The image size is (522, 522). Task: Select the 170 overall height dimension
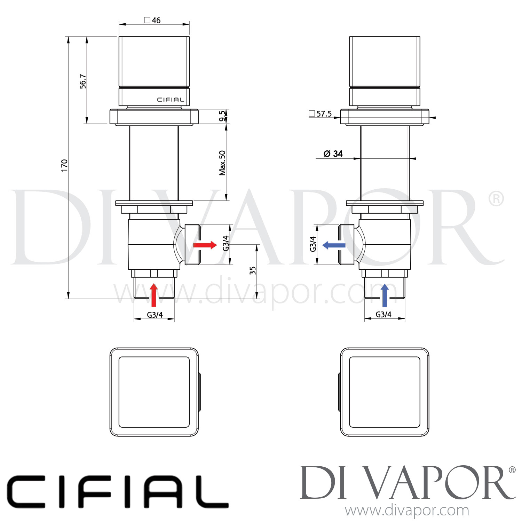tap(64, 165)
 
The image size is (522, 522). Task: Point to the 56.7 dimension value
tap(83, 81)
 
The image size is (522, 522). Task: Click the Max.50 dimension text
tap(222, 163)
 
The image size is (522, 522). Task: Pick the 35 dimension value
tap(253, 270)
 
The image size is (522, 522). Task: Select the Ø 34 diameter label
tap(333, 154)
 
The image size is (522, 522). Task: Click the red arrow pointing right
tap(205, 245)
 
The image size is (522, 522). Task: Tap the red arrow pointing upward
tap(154, 295)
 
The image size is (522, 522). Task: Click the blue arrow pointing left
tap(334, 245)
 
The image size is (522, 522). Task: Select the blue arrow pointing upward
tap(385, 295)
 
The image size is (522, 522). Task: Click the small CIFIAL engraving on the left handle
tap(170, 100)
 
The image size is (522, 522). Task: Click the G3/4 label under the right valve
tap(383, 315)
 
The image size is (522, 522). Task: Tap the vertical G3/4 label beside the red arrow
tap(226, 243)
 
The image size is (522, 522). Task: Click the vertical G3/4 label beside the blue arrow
tap(313, 244)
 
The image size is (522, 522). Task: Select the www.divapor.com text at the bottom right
tap(407, 511)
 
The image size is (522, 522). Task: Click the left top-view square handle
tap(154, 392)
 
